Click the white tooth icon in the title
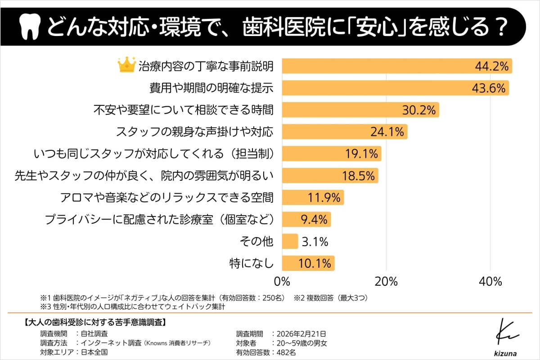tap(31, 28)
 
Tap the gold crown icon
tap(126, 65)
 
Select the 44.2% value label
tap(491, 66)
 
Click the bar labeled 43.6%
tap(395, 88)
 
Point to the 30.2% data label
tap(418, 110)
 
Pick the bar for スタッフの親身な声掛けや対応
tap(344, 132)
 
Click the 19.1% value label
tap(361, 154)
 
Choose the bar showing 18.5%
tap(330, 175)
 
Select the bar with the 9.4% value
tap(306, 220)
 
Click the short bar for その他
tap(290, 241)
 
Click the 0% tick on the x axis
tap(282, 282)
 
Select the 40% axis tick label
tap(490, 282)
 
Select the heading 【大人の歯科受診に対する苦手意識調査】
tap(95, 322)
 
